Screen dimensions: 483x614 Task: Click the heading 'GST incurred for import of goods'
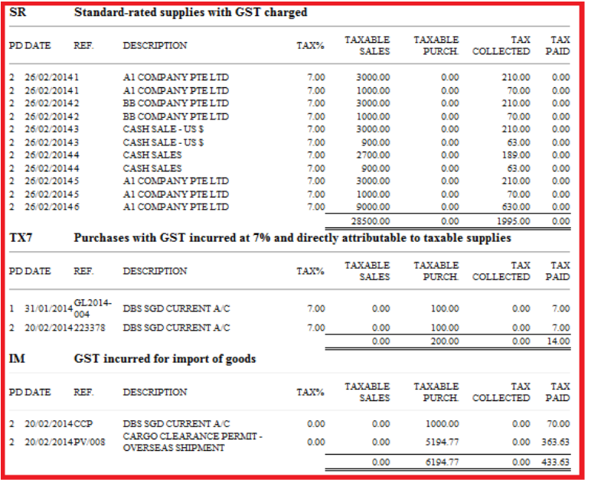click(165, 358)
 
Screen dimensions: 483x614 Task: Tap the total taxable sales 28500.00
click(373, 220)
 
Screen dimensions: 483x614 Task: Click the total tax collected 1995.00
click(514, 220)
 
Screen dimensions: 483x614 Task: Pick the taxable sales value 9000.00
click(373, 207)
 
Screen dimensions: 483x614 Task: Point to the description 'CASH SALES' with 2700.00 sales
click(152, 155)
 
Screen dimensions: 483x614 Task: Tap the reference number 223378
click(89, 328)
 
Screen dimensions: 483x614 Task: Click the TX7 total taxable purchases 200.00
click(445, 341)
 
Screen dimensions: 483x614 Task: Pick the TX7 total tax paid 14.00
click(560, 341)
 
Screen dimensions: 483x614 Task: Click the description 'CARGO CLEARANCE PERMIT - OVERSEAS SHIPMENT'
click(192, 442)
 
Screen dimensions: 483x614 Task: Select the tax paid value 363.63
click(555, 442)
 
